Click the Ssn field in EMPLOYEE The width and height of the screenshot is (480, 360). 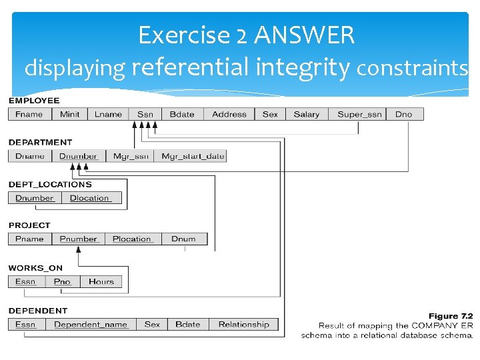145,114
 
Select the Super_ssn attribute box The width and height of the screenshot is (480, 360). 357,114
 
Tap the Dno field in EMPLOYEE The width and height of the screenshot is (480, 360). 405,114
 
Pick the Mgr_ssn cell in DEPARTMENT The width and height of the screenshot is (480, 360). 130,156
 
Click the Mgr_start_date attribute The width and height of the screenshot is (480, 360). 190,156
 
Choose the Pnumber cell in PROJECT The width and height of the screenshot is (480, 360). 79,239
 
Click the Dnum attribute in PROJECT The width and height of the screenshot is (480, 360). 185,239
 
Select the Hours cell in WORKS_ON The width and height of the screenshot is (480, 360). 101,281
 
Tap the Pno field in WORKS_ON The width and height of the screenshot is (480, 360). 63,281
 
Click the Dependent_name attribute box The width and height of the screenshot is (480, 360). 91,325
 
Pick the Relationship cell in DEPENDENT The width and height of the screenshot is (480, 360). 244,325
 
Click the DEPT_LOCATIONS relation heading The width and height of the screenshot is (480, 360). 50,184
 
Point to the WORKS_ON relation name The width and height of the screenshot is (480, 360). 35,268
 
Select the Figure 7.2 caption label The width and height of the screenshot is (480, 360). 451,316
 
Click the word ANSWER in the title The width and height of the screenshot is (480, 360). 304,35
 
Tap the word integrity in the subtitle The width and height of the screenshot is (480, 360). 303,68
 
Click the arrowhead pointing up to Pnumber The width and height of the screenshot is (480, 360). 79,250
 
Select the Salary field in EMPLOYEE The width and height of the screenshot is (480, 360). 307,114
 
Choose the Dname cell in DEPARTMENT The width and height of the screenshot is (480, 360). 30,156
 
